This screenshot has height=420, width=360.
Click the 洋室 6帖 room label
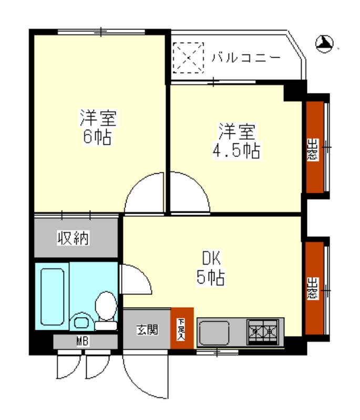coord(98,127)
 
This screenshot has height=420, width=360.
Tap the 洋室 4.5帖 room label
coord(236,141)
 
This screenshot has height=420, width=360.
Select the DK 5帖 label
coord(211,268)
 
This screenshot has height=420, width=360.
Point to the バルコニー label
coord(246,58)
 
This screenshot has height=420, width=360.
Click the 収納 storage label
coord(73,238)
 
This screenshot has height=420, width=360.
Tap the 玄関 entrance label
coord(147,330)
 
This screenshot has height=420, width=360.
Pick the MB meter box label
coord(83,342)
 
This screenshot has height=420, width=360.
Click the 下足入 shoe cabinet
coord(182,329)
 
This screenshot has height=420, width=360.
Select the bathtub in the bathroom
coord(52,297)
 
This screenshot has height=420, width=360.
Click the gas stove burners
coord(263,332)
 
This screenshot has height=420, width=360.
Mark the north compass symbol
coord(325,44)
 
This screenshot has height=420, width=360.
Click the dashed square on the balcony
coord(188,58)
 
